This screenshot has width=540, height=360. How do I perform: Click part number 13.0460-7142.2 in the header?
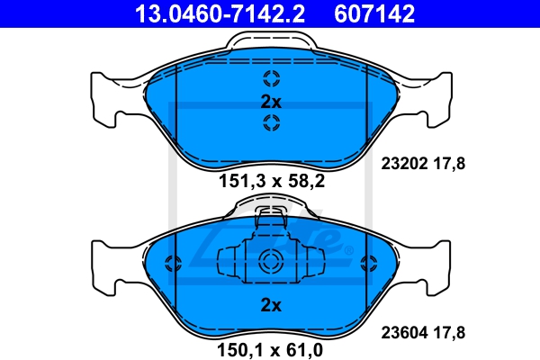[x=220, y=13]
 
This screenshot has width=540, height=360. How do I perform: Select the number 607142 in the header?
[x=374, y=13]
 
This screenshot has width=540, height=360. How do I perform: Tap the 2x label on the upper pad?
[x=271, y=102]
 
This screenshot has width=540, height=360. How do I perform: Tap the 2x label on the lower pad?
[x=271, y=305]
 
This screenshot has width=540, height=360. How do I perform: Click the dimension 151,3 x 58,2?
[x=272, y=181]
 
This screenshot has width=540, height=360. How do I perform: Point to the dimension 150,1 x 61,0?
[x=270, y=350]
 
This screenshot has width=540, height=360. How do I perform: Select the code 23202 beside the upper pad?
[x=404, y=163]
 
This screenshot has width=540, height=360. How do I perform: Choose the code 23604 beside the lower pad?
[x=404, y=332]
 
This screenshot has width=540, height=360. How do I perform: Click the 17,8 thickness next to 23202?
[x=449, y=164]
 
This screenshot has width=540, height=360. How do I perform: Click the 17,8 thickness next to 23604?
[x=449, y=333]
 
